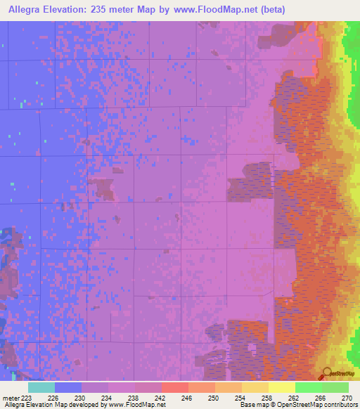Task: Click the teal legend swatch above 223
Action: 41,387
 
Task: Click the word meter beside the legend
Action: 13,397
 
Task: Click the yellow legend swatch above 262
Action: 281,387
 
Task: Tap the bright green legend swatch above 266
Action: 308,387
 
